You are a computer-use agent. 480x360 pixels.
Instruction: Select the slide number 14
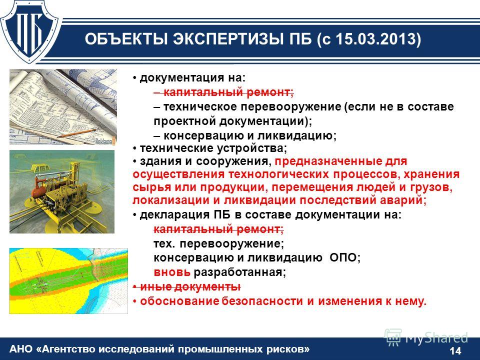[x=455, y=350]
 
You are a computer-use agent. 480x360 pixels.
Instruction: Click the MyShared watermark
[x=426, y=338]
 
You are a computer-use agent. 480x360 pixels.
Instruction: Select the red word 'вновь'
[x=172, y=272]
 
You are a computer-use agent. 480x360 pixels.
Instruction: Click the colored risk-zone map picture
[x=68, y=280]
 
